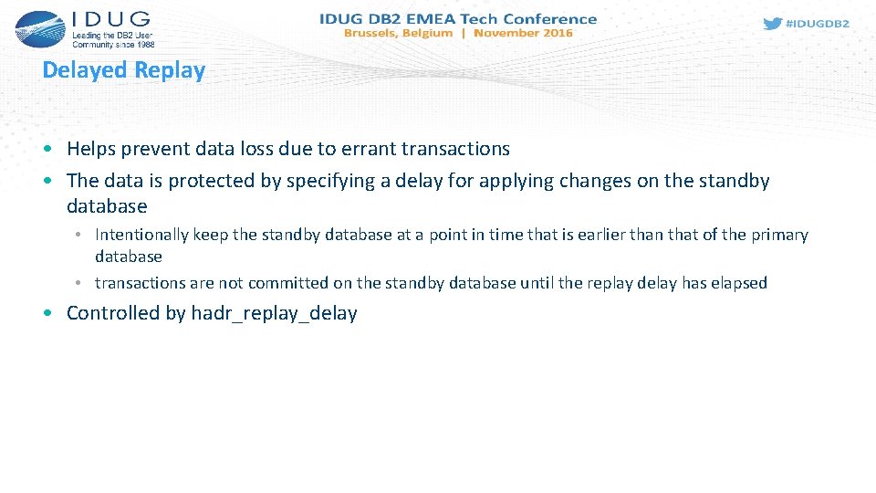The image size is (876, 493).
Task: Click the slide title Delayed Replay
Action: pyautogui.click(x=124, y=70)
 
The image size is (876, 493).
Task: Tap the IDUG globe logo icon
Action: pyautogui.click(x=37, y=28)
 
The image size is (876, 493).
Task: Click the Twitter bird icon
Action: pyautogui.click(x=772, y=24)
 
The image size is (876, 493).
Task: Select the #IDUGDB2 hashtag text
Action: pyautogui.click(x=817, y=24)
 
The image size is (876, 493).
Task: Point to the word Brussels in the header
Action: pyautogui.click(x=371, y=33)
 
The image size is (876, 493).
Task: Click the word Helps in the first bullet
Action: pyautogui.click(x=89, y=148)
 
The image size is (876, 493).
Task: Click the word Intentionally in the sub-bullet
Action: pyautogui.click(x=141, y=235)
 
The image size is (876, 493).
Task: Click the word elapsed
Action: pyautogui.click(x=736, y=283)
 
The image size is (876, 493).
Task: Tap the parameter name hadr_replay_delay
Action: pyautogui.click(x=274, y=313)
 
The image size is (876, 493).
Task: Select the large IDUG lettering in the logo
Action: pyautogui.click(x=109, y=20)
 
